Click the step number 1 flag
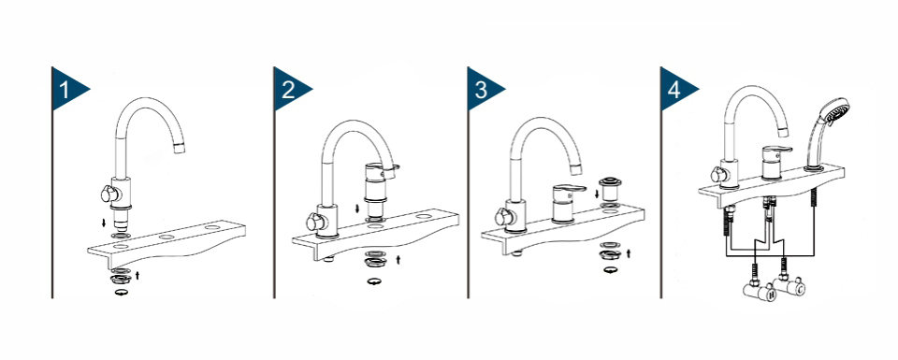pyautogui.click(x=67, y=89)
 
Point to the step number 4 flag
pyautogui.click(x=676, y=89)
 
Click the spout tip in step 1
pyautogui.click(x=180, y=149)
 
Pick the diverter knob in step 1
pyautogui.click(x=109, y=194)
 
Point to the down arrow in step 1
pyautogui.click(x=104, y=223)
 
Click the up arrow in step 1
pyautogui.click(x=138, y=275)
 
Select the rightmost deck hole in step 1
pyautogui.click(x=212, y=228)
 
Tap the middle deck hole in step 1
pyautogui.click(x=167, y=237)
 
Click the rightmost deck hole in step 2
pyautogui.click(x=425, y=217)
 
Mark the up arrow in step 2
pyautogui.click(x=398, y=259)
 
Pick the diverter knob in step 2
pyautogui.click(x=314, y=221)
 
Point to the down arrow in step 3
pyautogui.click(x=598, y=194)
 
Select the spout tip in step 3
pyautogui.click(x=575, y=169)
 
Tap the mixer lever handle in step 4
pyautogui.click(x=776, y=151)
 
